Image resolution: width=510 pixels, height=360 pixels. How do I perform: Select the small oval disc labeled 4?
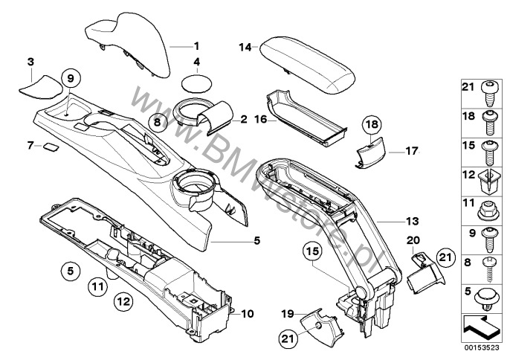[197, 81]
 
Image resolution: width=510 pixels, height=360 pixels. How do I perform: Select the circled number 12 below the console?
[123, 301]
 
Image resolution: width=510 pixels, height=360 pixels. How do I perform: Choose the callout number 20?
[415, 240]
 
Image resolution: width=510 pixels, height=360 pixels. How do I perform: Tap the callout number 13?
[391, 221]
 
